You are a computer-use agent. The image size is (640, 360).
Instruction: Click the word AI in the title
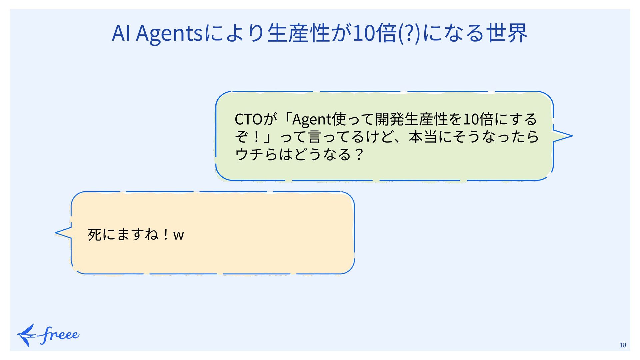(x=121, y=33)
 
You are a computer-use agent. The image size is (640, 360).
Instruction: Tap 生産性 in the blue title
(x=299, y=33)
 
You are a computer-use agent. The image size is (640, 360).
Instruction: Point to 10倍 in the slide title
(x=375, y=33)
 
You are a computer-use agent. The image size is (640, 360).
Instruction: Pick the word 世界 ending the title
(x=507, y=33)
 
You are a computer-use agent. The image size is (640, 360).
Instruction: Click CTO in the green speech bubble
(x=249, y=119)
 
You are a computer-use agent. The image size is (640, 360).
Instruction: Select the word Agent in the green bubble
(x=312, y=119)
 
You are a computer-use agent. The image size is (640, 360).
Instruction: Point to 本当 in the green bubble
(x=423, y=137)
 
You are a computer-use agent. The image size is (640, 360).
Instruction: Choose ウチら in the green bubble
(x=256, y=154)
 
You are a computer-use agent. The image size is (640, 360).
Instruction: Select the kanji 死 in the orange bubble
(x=95, y=234)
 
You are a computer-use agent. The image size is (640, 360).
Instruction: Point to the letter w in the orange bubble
(x=179, y=235)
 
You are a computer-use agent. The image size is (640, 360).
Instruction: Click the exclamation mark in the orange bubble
(x=166, y=234)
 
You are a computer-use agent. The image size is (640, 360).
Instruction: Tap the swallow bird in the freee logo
(x=27, y=335)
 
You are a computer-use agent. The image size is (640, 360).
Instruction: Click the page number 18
(x=623, y=345)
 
